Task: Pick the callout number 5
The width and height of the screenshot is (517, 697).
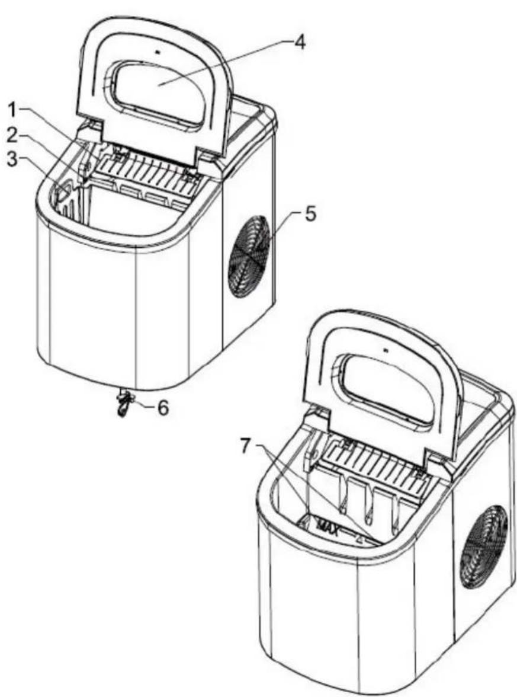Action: click(310, 215)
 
